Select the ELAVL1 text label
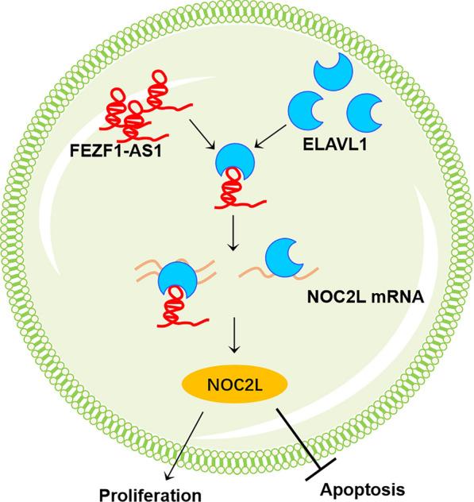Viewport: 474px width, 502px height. tap(327, 148)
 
